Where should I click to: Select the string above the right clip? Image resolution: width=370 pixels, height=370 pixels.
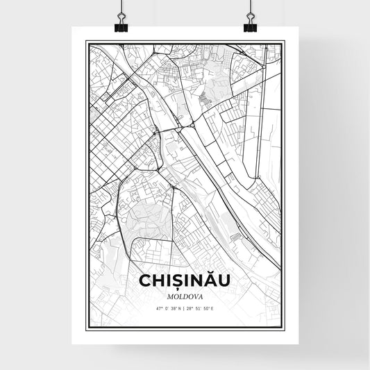249,8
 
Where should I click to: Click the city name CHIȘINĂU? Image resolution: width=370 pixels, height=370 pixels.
185,280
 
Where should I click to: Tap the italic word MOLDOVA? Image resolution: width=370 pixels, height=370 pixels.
185,293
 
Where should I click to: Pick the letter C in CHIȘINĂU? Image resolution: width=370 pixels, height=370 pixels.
145,280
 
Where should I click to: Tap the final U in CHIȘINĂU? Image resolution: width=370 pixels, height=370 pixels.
225,280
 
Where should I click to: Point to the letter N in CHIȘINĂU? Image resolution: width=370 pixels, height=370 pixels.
196,280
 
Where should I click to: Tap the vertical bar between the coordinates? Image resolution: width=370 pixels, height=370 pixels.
184,306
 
